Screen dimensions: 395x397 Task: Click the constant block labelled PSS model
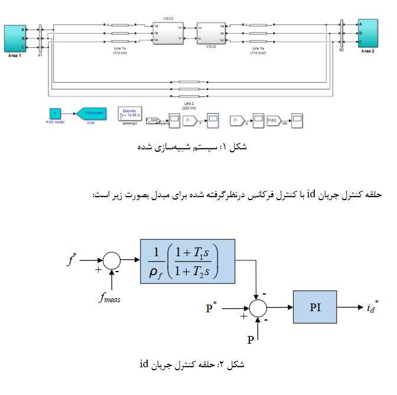coord(54,113)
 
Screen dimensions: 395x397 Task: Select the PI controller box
coord(315,306)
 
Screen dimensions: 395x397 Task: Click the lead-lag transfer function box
coord(187,260)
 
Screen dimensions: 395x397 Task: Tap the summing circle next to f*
coord(111,259)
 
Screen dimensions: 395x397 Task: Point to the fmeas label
coord(109,298)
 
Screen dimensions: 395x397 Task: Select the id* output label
coord(372,307)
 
